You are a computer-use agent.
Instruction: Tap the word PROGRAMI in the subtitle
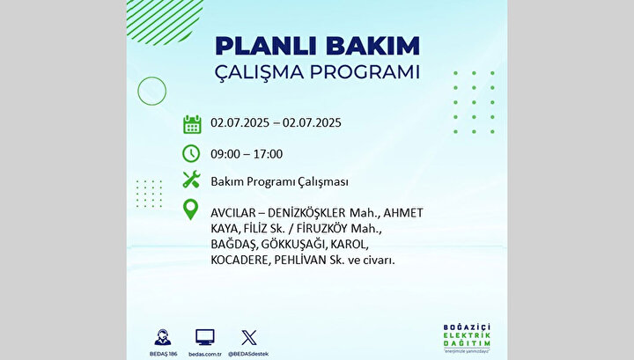(365, 72)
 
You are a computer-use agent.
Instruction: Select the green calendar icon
(192, 124)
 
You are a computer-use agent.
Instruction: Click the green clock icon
(191, 153)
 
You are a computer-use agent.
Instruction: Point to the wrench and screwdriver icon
(191, 180)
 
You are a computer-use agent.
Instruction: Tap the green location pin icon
(190, 209)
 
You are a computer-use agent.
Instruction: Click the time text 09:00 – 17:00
(247, 154)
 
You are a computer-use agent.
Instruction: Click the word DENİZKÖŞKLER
(306, 213)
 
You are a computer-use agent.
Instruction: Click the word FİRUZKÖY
(322, 228)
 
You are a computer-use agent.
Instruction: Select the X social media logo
(248, 338)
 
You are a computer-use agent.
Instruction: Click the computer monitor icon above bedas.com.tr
(205, 337)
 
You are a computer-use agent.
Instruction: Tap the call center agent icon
(163, 337)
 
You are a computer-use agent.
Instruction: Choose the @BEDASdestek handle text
(248, 354)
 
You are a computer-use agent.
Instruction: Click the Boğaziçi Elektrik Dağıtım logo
(467, 338)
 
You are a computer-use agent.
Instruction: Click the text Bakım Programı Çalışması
(279, 182)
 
